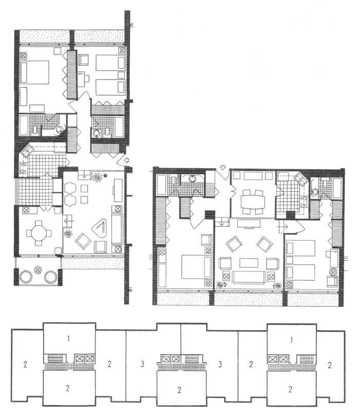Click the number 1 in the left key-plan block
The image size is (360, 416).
coord(68,339)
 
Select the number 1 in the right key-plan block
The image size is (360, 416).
coord(292,339)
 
